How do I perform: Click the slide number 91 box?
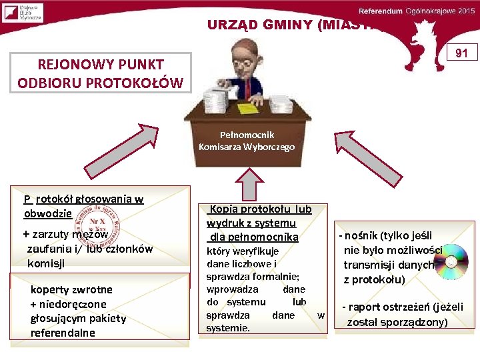point(462,52)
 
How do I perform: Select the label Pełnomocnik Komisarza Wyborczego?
point(246,141)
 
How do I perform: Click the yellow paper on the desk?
point(250,107)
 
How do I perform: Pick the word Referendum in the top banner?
point(381,11)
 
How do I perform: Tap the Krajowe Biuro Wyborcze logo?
point(22,13)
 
